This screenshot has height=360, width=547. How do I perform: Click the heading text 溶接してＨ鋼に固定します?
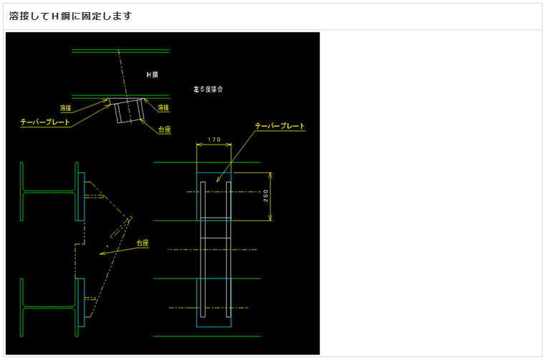point(71,16)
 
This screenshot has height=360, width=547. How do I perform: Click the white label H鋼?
point(152,74)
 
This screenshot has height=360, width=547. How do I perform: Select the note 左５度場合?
point(208,89)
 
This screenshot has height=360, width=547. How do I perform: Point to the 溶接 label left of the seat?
point(67,108)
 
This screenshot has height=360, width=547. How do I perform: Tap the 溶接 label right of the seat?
point(163,108)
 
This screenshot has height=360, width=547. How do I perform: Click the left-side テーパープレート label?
point(45,122)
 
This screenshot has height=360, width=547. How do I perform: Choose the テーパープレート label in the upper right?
point(280,126)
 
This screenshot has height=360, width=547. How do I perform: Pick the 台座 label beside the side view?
point(142,243)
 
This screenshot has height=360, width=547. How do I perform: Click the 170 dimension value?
point(213,139)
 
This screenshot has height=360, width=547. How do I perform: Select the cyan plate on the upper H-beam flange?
point(81,197)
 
